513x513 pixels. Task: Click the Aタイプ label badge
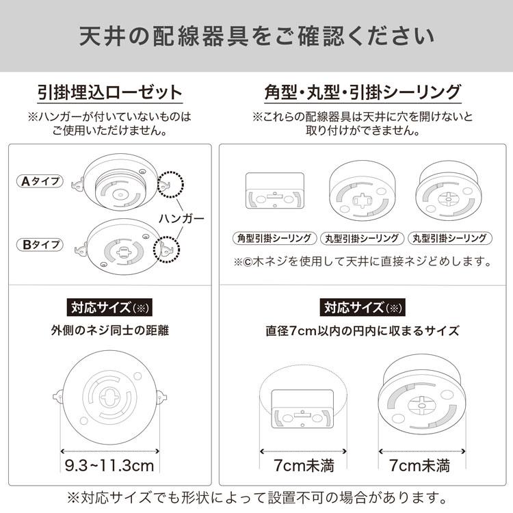point(39,182)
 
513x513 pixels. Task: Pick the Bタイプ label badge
point(39,244)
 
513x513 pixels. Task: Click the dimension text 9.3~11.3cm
point(109,467)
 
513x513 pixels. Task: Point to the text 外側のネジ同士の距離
point(109,331)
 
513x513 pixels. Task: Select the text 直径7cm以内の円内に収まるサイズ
point(363,331)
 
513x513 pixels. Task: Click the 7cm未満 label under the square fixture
point(295,467)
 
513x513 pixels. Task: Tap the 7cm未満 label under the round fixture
point(419,467)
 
